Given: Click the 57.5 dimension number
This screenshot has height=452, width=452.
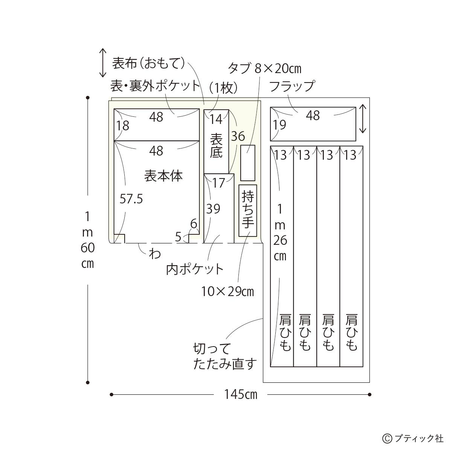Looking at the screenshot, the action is pyautogui.click(x=131, y=199).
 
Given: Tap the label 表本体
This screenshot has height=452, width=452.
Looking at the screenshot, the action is pyautogui.click(x=163, y=176).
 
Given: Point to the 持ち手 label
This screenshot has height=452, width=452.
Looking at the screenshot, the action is pyautogui.click(x=248, y=210).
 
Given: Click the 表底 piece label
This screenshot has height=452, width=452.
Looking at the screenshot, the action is pyautogui.click(x=216, y=145).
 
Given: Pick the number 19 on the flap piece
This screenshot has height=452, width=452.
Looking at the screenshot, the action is pyautogui.click(x=279, y=125).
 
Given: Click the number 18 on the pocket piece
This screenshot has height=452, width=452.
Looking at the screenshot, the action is pyautogui.click(x=123, y=126).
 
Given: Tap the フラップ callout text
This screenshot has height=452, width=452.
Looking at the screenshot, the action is pyautogui.click(x=292, y=86).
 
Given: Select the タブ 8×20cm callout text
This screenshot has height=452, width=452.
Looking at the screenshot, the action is pyautogui.click(x=264, y=69).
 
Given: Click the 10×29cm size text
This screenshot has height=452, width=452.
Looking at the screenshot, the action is pyautogui.click(x=228, y=292).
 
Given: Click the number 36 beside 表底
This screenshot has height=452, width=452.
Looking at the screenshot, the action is pyautogui.click(x=238, y=136).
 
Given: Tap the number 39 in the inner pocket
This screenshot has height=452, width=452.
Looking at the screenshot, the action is pyautogui.click(x=213, y=209).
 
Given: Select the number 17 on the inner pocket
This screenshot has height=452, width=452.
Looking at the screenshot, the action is pyautogui.click(x=218, y=183).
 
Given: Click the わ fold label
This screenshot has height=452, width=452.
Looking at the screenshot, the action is pyautogui.click(x=154, y=254).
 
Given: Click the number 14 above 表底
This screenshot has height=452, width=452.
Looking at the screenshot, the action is pyautogui.click(x=216, y=119).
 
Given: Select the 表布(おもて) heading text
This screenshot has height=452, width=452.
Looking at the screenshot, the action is pyautogui.click(x=148, y=63).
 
